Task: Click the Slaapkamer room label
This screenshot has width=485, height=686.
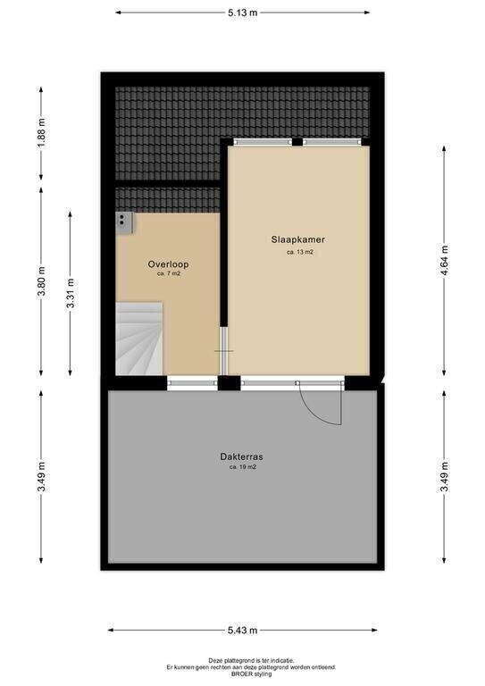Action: click(297, 239)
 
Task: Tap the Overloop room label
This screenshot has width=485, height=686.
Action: click(169, 264)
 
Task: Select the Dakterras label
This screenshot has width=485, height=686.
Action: click(241, 456)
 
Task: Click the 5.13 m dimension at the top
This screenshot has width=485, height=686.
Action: click(242, 13)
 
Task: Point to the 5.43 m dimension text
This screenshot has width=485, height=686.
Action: click(242, 631)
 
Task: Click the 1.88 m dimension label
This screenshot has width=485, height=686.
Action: click(42, 133)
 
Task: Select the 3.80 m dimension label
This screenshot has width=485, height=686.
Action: click(42, 280)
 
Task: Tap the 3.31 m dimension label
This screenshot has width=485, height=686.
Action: click(71, 293)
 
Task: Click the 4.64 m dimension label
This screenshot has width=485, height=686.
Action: click(445, 260)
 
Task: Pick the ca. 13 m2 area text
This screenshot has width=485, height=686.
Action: click(300, 253)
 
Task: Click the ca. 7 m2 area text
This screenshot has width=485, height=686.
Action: click(169, 274)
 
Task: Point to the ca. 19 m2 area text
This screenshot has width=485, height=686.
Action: click(243, 467)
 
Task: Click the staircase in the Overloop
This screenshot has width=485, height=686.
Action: click(139, 339)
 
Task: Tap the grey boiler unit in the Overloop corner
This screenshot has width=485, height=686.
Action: click(125, 222)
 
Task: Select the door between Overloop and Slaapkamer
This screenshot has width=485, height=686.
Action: click(224, 351)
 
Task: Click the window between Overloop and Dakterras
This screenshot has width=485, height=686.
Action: click(192, 383)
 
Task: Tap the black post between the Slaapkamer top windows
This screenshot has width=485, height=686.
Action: click(297, 142)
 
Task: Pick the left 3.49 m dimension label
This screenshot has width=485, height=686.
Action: click(42, 477)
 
